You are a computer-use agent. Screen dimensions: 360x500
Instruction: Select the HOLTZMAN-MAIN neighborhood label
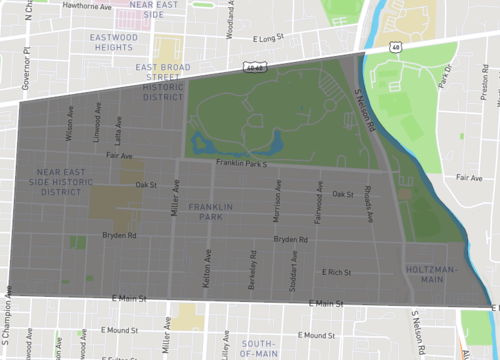click(x=432, y=275)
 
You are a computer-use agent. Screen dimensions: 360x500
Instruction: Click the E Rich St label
click(x=337, y=272)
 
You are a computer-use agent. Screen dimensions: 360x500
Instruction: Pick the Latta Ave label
click(x=117, y=130)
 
